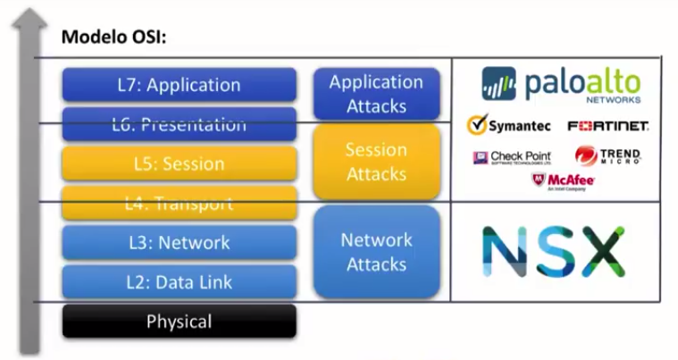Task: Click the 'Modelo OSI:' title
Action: (113, 38)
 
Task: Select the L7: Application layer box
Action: (179, 85)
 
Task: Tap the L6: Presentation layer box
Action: (179, 124)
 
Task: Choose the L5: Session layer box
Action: (179, 163)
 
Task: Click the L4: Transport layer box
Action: (179, 203)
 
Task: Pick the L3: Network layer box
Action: (179, 242)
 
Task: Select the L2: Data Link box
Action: (179, 281)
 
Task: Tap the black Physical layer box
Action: (179, 322)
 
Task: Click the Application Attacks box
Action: (376, 94)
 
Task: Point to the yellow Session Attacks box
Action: (376, 162)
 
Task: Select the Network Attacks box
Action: (376, 252)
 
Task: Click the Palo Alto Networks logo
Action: (560, 85)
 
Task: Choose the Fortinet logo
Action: (607, 126)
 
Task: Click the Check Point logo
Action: (512, 158)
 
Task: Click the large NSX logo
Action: (553, 251)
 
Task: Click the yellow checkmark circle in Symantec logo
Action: (477, 126)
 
